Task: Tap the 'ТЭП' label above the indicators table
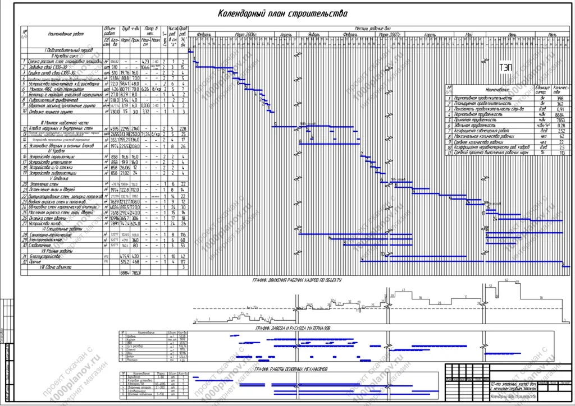(506, 67)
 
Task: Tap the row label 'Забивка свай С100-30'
(49, 67)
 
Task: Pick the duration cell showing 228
(183, 128)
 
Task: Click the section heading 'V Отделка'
(58, 179)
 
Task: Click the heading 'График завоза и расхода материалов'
(293, 328)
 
